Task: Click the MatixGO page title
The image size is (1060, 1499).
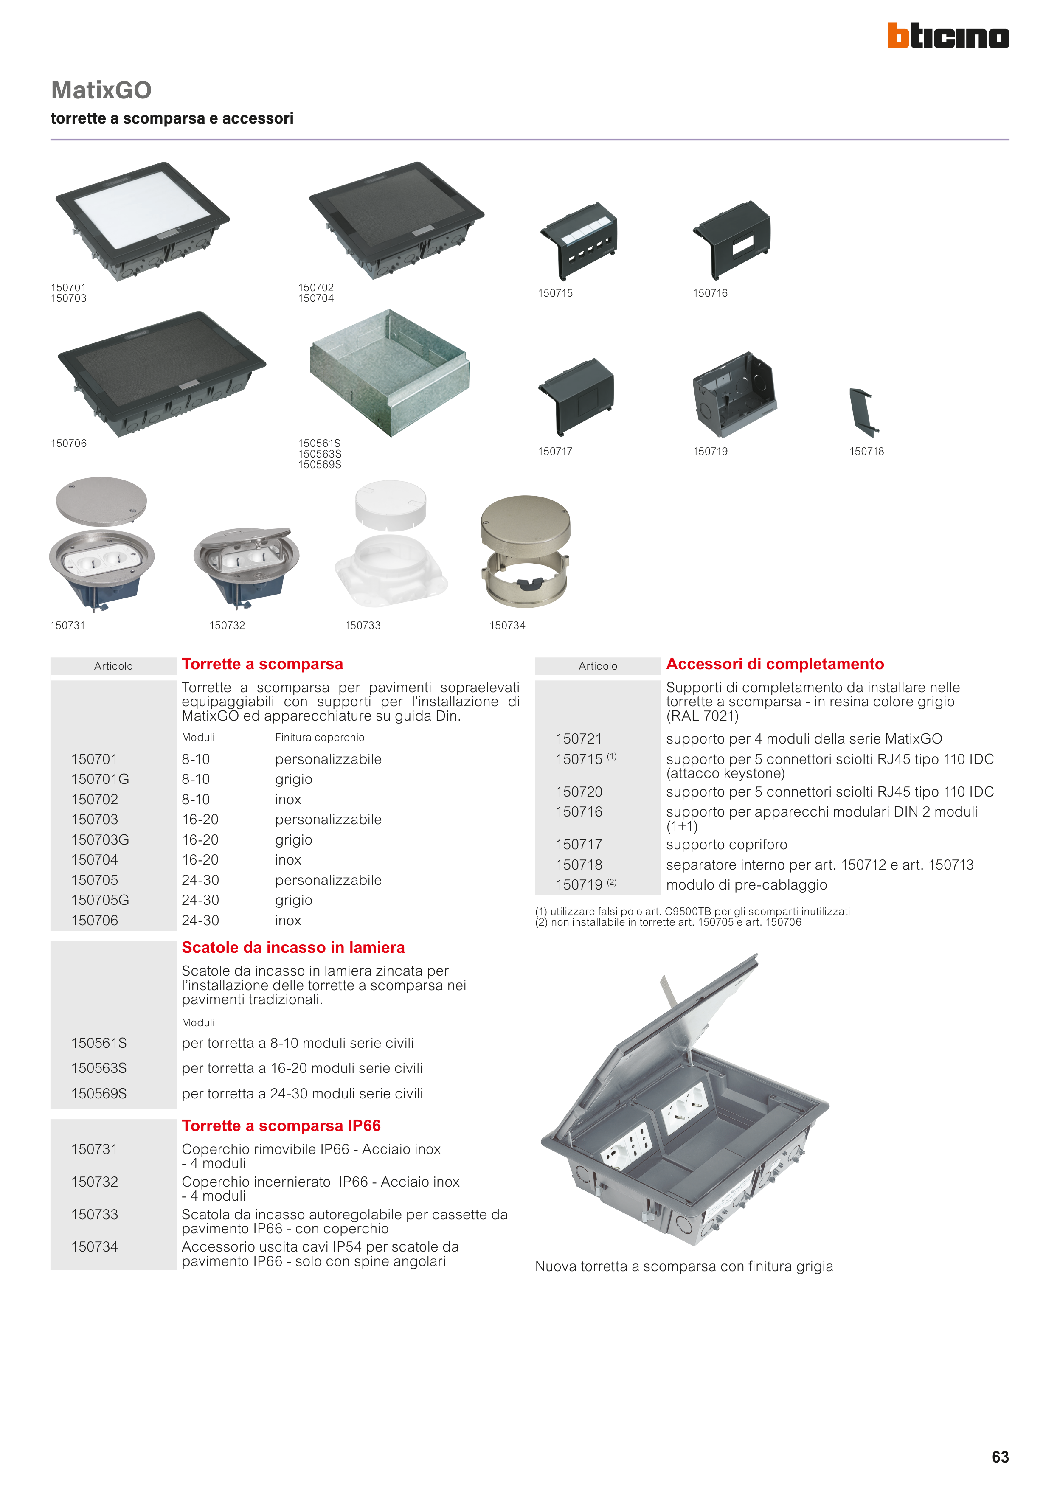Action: (x=101, y=90)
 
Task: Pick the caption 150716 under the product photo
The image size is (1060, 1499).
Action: (x=710, y=293)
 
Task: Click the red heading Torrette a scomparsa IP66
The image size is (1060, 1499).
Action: (x=281, y=1126)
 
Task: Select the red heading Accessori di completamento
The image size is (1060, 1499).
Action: (x=775, y=664)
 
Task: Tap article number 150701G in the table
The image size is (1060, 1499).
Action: (x=100, y=779)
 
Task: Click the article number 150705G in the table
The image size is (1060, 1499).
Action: (x=100, y=900)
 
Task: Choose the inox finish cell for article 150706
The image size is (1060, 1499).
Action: (x=288, y=920)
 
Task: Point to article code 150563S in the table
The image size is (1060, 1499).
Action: (x=98, y=1068)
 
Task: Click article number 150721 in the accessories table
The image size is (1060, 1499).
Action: (x=579, y=738)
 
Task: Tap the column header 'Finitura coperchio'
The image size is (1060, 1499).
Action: (x=319, y=737)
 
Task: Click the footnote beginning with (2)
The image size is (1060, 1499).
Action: (x=667, y=922)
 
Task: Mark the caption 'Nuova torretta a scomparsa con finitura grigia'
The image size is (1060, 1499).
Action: (x=684, y=1266)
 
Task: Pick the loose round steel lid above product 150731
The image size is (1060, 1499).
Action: (x=101, y=501)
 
